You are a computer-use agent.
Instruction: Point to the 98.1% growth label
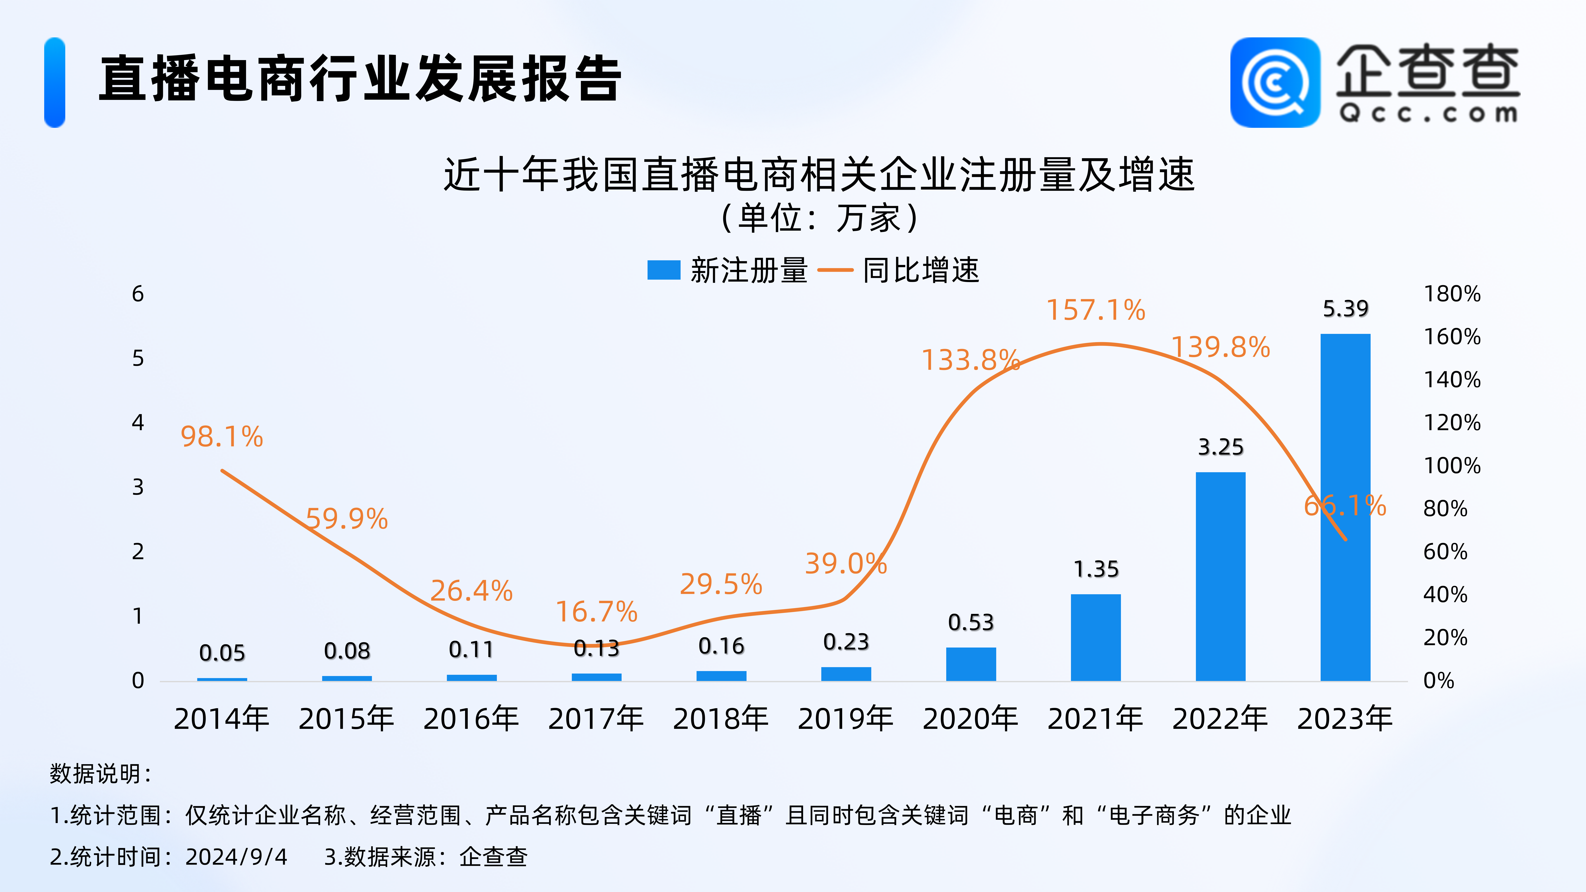pyautogui.click(x=222, y=437)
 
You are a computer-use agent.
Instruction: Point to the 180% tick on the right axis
pyautogui.click(x=1452, y=294)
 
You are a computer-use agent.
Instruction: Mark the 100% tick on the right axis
pyautogui.click(x=1452, y=465)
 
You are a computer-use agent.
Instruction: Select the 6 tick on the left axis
pyautogui.click(x=138, y=294)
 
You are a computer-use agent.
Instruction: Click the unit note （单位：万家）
pyautogui.click(x=819, y=218)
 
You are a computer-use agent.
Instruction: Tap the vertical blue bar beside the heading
pyautogui.click(x=55, y=83)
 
